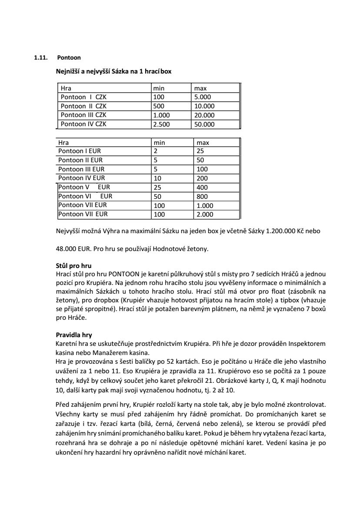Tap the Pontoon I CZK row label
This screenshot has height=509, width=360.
coord(83,97)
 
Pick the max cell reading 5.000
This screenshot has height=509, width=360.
coord(203,97)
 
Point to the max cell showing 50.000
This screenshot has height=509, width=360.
coord(204,124)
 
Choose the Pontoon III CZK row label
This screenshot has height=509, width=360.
coord(83,115)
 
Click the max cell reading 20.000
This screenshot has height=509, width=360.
coord(204,115)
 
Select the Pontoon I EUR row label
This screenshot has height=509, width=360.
coord(80,151)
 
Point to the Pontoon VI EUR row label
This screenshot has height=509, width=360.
coord(85,196)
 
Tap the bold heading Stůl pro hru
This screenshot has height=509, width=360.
coord(73,265)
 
